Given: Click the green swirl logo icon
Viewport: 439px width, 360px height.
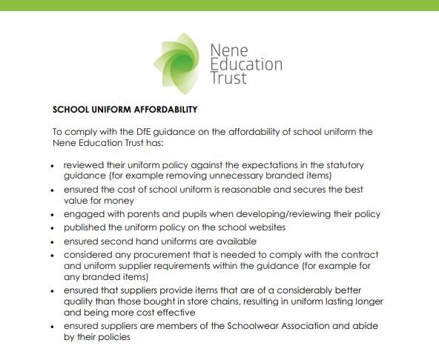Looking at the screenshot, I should tap(178, 58).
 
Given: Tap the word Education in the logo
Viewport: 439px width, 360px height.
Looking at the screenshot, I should tap(246, 64).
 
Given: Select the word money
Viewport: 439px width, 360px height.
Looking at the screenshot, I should tap(119, 201).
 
